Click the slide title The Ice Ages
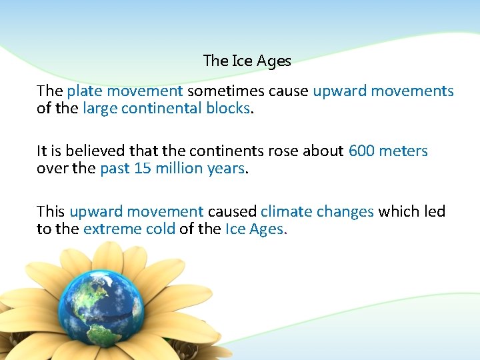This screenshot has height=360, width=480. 247,61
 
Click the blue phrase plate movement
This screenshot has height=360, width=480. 125,91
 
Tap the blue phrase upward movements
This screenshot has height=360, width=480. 383,91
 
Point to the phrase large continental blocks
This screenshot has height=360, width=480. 166,108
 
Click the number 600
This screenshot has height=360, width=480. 361,151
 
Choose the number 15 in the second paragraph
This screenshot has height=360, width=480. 143,168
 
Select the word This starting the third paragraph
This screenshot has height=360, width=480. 51,212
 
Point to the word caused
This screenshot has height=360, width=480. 231,212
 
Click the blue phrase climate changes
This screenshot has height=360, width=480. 317,212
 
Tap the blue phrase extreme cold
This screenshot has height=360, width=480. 129,229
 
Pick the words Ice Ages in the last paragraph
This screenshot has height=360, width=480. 254,229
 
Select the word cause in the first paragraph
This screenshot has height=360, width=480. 289,91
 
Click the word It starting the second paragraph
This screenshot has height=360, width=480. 41,151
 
